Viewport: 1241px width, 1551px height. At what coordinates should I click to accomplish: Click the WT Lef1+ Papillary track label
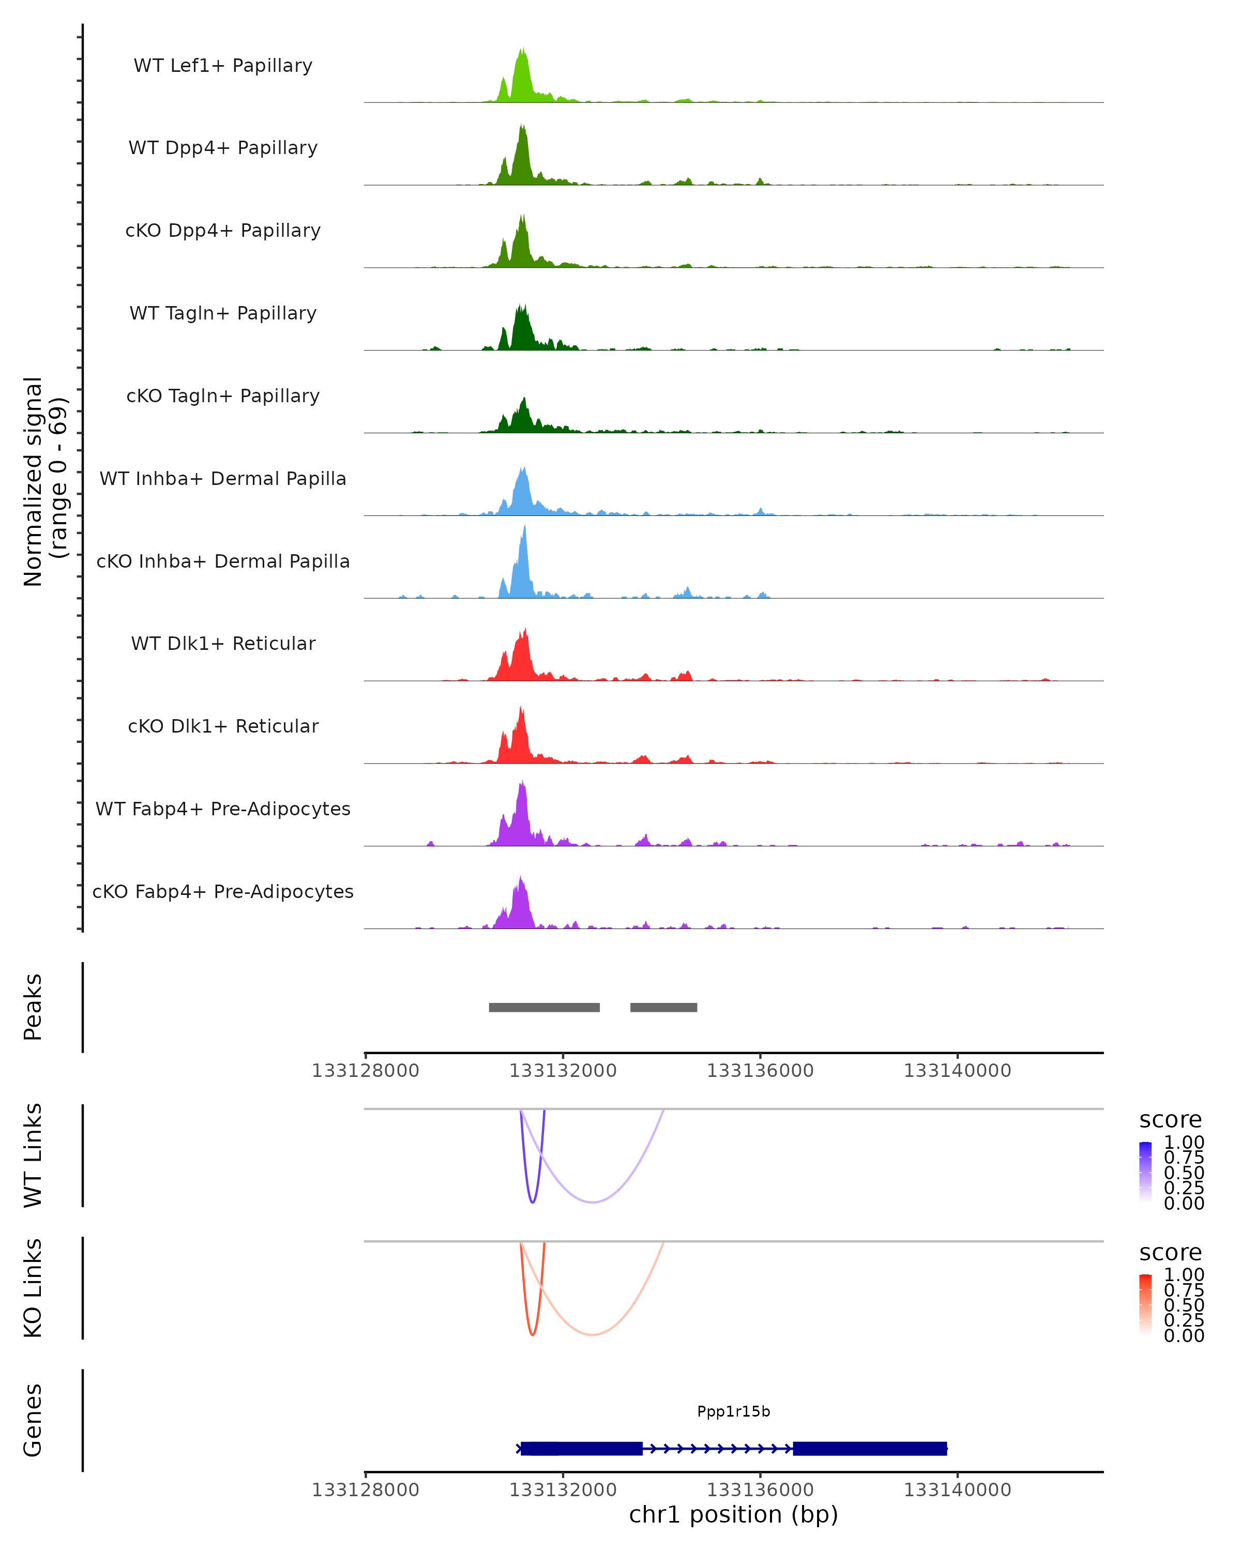point(223,66)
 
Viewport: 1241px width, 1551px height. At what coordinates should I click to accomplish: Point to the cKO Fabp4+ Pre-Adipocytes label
point(223,891)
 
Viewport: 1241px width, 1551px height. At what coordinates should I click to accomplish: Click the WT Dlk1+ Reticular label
point(223,643)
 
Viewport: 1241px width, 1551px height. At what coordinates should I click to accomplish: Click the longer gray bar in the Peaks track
point(544,1007)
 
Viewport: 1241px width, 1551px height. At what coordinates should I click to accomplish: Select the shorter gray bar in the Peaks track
point(663,1007)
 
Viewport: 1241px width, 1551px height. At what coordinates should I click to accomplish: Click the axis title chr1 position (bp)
point(733,1515)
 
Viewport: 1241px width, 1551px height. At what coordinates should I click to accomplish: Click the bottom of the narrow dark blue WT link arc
point(533,1202)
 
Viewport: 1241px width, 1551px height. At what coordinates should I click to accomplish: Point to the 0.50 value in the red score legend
point(1184,1305)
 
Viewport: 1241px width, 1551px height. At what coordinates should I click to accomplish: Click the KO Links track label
point(33,1288)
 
